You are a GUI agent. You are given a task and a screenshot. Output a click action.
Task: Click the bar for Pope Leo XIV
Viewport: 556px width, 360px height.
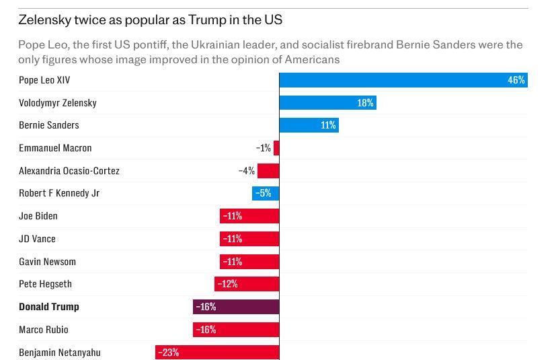point(403,80)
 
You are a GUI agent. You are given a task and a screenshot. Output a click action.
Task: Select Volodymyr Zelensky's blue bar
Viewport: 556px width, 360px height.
point(327,103)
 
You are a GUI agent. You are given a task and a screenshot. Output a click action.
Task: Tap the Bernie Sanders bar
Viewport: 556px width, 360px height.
point(309,125)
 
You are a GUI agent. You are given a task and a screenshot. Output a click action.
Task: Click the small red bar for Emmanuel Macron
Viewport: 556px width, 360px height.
point(276,148)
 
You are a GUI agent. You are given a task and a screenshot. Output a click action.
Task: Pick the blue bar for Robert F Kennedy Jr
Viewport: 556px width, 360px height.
point(266,194)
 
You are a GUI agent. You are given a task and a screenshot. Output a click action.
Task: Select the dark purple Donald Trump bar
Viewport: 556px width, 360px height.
point(236,307)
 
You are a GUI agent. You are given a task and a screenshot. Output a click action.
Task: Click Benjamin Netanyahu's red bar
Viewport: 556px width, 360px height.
point(217,352)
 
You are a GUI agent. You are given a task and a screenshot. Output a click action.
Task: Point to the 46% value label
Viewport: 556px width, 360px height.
point(516,80)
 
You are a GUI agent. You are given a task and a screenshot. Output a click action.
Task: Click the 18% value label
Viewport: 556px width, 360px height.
point(365,103)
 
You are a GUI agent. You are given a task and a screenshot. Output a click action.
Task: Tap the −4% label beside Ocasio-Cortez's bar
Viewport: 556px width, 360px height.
point(247,171)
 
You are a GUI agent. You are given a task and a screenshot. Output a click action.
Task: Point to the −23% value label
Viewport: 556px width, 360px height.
point(168,352)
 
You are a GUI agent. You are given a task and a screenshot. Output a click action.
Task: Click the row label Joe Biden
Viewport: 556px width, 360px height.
point(38,216)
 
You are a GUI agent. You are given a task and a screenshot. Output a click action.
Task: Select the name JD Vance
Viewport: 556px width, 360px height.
point(37,239)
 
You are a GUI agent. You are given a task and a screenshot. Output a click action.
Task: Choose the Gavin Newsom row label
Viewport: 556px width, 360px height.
point(47,262)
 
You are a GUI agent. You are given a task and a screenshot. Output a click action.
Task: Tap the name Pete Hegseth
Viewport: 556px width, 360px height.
point(45,284)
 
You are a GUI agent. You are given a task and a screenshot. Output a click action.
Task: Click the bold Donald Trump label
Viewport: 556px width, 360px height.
point(49,307)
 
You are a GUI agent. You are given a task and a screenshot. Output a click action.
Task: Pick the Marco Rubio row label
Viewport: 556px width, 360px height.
point(44,330)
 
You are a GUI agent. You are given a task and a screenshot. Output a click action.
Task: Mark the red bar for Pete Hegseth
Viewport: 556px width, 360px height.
point(247,284)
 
